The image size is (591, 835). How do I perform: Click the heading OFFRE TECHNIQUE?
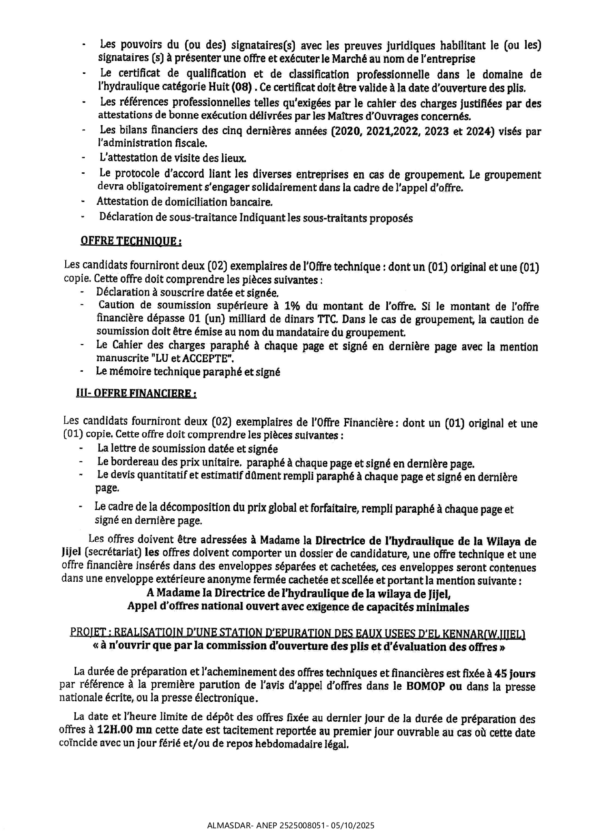coord(131,241)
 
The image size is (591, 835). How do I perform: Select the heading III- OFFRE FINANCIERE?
coord(136,394)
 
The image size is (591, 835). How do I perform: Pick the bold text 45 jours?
coord(515,674)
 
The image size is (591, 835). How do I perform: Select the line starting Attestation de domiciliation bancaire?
coord(185,202)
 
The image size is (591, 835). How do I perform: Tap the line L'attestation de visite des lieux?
coord(172,158)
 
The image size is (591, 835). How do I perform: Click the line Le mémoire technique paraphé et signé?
coord(188,372)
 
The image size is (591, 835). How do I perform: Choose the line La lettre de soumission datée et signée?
coord(188,448)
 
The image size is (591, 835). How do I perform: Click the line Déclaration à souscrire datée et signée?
coord(187,292)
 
